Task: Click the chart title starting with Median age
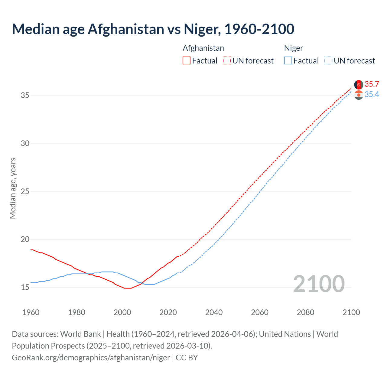153,29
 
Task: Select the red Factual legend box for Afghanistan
187,60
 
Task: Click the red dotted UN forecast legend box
227,60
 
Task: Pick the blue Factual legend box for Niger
288,60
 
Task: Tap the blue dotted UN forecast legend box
328,60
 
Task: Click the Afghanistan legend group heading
203,48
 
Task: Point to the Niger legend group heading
293,48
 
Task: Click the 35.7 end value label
372,84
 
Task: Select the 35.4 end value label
372,95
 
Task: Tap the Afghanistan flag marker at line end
359,85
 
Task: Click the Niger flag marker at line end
359,95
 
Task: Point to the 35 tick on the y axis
25,96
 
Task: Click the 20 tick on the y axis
25,239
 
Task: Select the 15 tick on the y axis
25,287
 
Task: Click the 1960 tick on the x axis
31,312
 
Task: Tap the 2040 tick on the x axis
214,312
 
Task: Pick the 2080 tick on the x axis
305,312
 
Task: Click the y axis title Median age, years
13,188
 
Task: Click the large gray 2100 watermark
319,284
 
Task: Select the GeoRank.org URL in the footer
91,357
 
